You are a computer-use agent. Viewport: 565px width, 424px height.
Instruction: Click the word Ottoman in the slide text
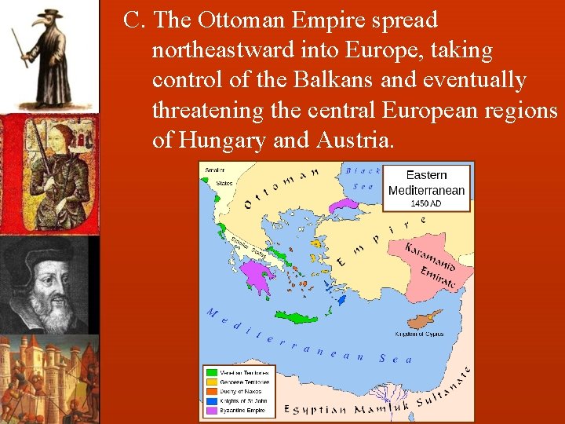tap(241, 20)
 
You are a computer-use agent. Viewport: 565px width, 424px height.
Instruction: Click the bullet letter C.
tap(133, 20)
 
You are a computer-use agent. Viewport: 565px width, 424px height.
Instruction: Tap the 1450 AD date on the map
tap(427, 203)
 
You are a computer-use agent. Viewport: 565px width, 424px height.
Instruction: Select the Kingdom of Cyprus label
tap(419, 334)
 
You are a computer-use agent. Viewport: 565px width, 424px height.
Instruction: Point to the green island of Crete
tap(297, 317)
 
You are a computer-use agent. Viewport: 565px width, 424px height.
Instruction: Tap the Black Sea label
tap(362, 178)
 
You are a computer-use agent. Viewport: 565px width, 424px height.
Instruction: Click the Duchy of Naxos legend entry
tap(242, 391)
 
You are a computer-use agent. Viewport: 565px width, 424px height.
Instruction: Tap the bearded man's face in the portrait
tap(49, 287)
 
